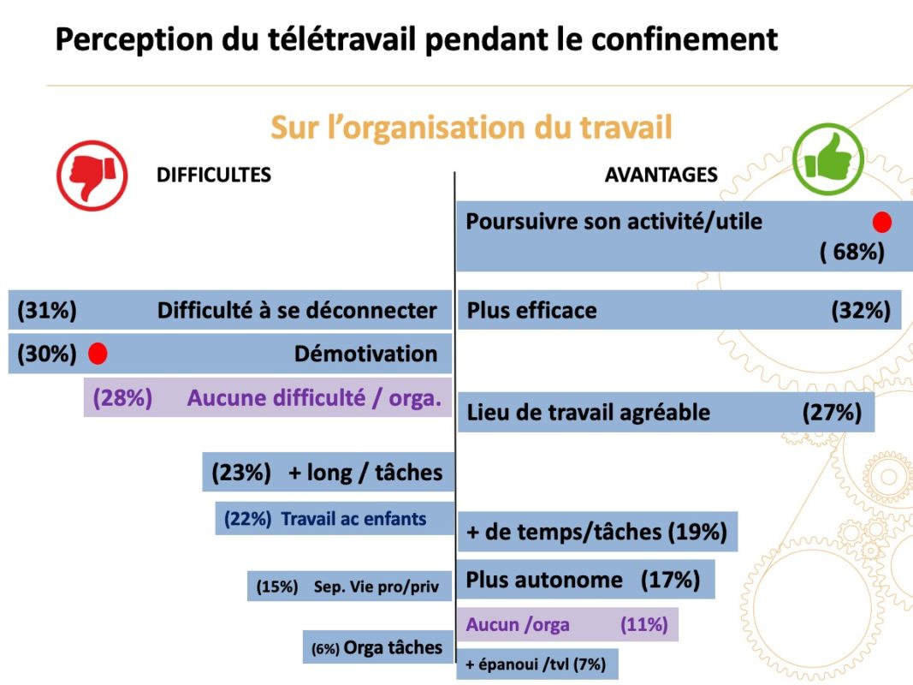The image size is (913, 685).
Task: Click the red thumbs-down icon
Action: tap(92, 176)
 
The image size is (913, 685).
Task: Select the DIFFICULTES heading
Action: tap(213, 175)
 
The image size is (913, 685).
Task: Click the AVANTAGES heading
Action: tap(661, 175)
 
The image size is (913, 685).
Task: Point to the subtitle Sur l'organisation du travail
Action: tap(471, 128)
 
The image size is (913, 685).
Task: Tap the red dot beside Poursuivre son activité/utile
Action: tap(882, 223)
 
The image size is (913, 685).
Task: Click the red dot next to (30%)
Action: tap(98, 353)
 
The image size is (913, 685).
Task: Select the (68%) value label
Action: tap(852, 253)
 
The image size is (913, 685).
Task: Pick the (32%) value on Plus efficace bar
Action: tap(861, 310)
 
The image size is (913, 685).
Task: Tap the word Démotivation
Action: tap(365, 354)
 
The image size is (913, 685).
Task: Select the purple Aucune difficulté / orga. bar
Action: tap(267, 398)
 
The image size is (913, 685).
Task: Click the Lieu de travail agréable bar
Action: tap(665, 412)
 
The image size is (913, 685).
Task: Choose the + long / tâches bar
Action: tap(328, 472)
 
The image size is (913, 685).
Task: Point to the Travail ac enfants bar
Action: tap(334, 518)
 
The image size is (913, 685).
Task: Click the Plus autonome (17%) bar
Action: tap(584, 580)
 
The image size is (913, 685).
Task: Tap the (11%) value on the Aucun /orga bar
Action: tap(643, 624)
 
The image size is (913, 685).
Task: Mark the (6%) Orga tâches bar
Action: tap(377, 647)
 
